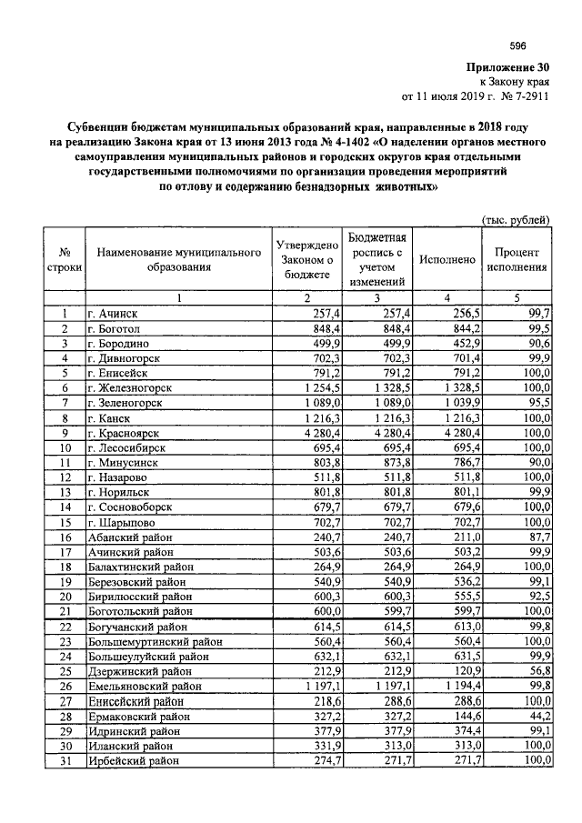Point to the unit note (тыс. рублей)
[516, 219]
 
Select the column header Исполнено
[447, 259]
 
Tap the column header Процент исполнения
[517, 259]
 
